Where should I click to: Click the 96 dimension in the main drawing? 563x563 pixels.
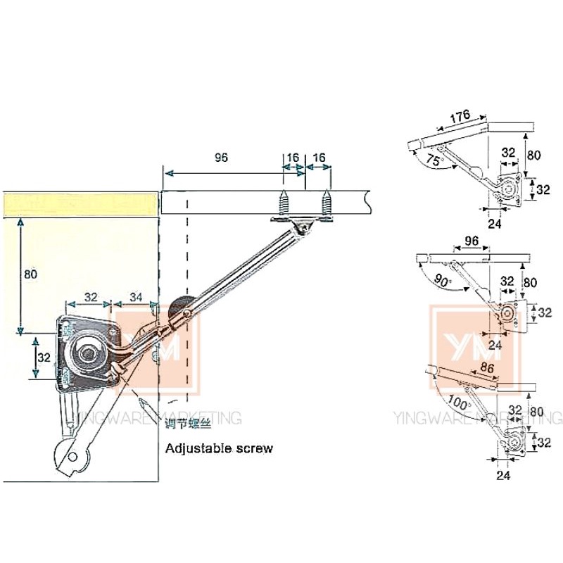pos(221,158)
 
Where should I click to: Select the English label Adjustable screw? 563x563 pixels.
pos(218,448)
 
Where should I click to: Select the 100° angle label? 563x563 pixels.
pos(457,403)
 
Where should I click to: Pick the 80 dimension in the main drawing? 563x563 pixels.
pos(30,274)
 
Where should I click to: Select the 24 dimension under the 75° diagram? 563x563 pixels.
pos(495,224)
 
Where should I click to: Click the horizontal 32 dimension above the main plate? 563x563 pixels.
pos(90,297)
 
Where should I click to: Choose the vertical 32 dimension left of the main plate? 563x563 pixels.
pos(44,358)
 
